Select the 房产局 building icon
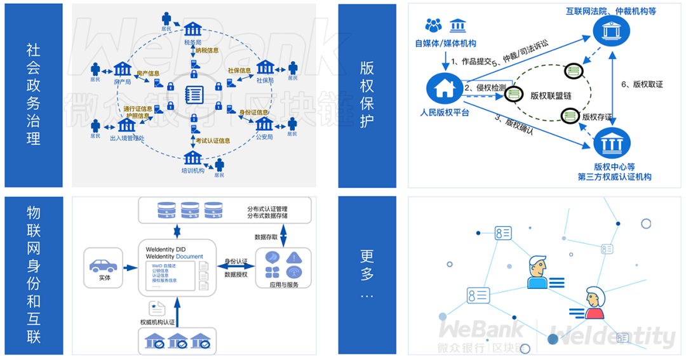click(122, 69)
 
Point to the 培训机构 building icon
click(192, 158)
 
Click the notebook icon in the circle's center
click(193, 95)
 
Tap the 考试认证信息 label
click(213, 141)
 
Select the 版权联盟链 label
click(551, 96)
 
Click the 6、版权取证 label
click(642, 84)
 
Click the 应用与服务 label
click(283, 285)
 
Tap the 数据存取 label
click(265, 236)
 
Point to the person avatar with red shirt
click(595, 303)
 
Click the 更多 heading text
click(368, 265)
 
